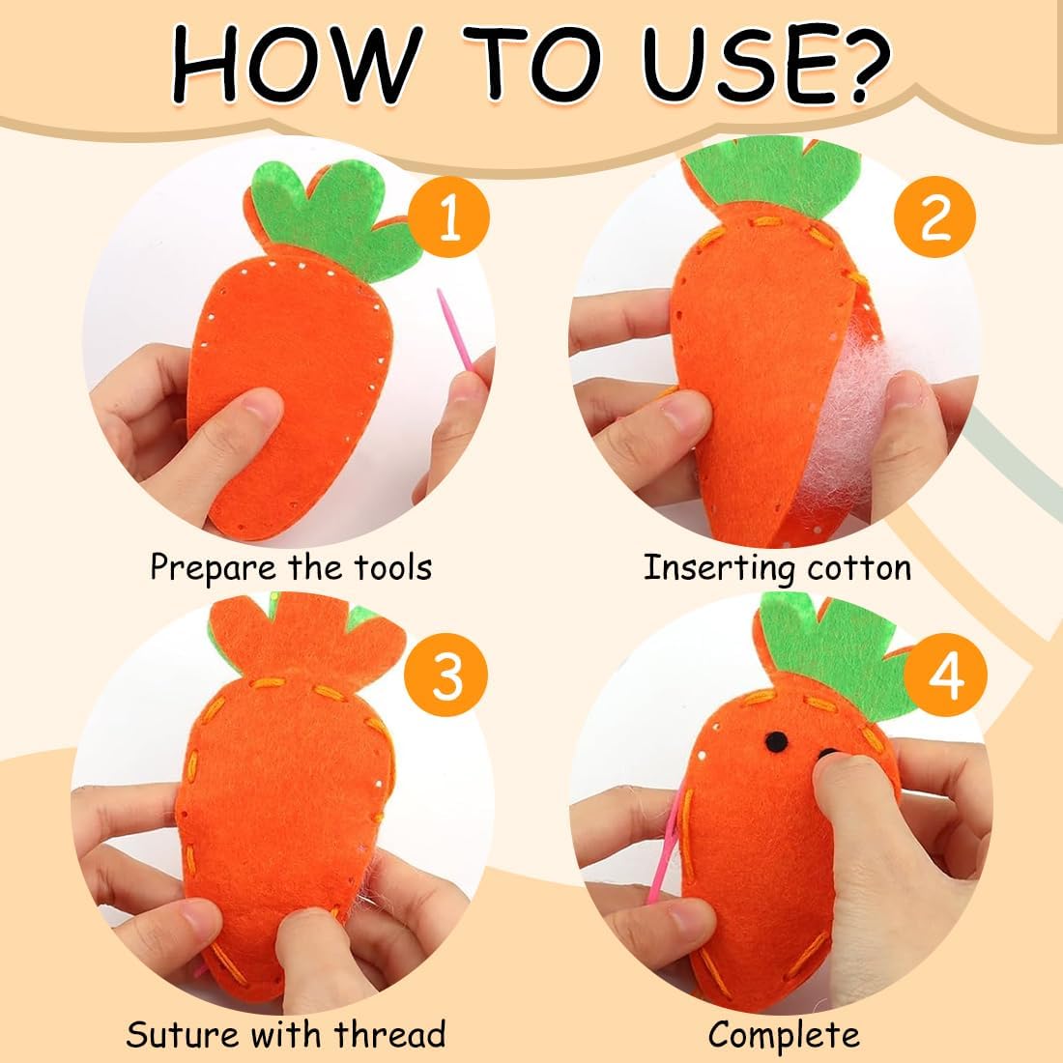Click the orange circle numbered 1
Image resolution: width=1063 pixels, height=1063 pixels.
(448, 216)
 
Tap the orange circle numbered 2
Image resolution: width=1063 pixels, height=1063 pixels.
(934, 216)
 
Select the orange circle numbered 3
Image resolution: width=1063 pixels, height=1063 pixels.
(446, 675)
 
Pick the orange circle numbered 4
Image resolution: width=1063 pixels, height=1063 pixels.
(946, 675)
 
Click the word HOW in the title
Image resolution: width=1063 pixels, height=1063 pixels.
(293, 65)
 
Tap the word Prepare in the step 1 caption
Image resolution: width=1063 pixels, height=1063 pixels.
(213, 568)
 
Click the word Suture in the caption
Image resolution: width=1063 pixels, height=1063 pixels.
(182, 1035)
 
